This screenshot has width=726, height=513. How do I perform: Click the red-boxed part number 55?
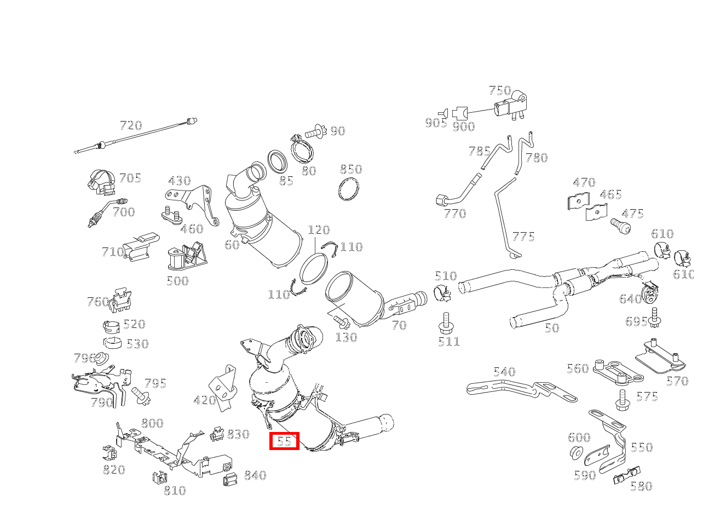pos(284,441)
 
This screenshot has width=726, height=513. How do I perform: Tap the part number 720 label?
pos(131,125)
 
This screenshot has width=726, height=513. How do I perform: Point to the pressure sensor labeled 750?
pos(510,106)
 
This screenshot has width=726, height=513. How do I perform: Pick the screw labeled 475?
pos(620,226)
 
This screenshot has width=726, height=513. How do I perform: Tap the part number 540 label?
pos(504,372)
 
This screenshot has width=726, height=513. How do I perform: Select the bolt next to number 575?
pos(623,401)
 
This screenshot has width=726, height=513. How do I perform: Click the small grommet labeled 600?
pos(577,452)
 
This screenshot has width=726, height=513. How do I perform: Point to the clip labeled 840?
pos(230,479)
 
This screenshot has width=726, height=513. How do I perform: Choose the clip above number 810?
pos(160,477)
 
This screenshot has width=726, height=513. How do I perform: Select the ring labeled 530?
pos(112,343)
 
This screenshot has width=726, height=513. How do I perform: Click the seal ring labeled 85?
pos(277,162)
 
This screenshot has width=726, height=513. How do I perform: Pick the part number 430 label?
pos(180,181)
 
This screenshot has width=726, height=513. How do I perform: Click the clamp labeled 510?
pos(442,293)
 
